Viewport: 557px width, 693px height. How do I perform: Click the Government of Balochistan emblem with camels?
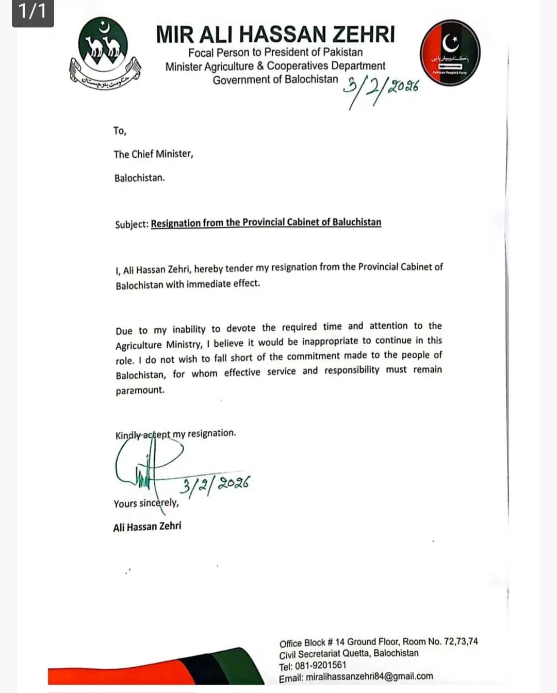coord(105,53)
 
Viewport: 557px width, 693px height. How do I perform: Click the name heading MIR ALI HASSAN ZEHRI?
coord(275,34)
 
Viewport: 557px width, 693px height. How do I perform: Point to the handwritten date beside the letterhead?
coord(382,88)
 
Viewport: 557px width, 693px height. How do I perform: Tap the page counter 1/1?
coord(32,11)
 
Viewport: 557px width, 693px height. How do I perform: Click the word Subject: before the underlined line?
coord(132,224)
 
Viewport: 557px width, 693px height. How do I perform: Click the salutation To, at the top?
coord(120,131)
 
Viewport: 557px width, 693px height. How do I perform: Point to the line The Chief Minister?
coord(154,154)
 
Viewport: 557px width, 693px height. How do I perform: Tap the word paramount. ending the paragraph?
coord(140,390)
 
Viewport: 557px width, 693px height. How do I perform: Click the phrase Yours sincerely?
coord(146,503)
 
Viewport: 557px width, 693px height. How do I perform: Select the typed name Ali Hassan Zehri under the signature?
coord(147,526)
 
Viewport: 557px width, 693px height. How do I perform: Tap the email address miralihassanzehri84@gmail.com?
coord(369,677)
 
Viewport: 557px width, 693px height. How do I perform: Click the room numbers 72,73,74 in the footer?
coord(460,641)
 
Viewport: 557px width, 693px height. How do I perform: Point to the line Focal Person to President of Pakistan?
coord(275,52)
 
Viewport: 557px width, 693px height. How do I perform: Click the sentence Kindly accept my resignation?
coord(176,434)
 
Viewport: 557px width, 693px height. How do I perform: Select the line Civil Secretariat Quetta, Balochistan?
coord(349,653)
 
